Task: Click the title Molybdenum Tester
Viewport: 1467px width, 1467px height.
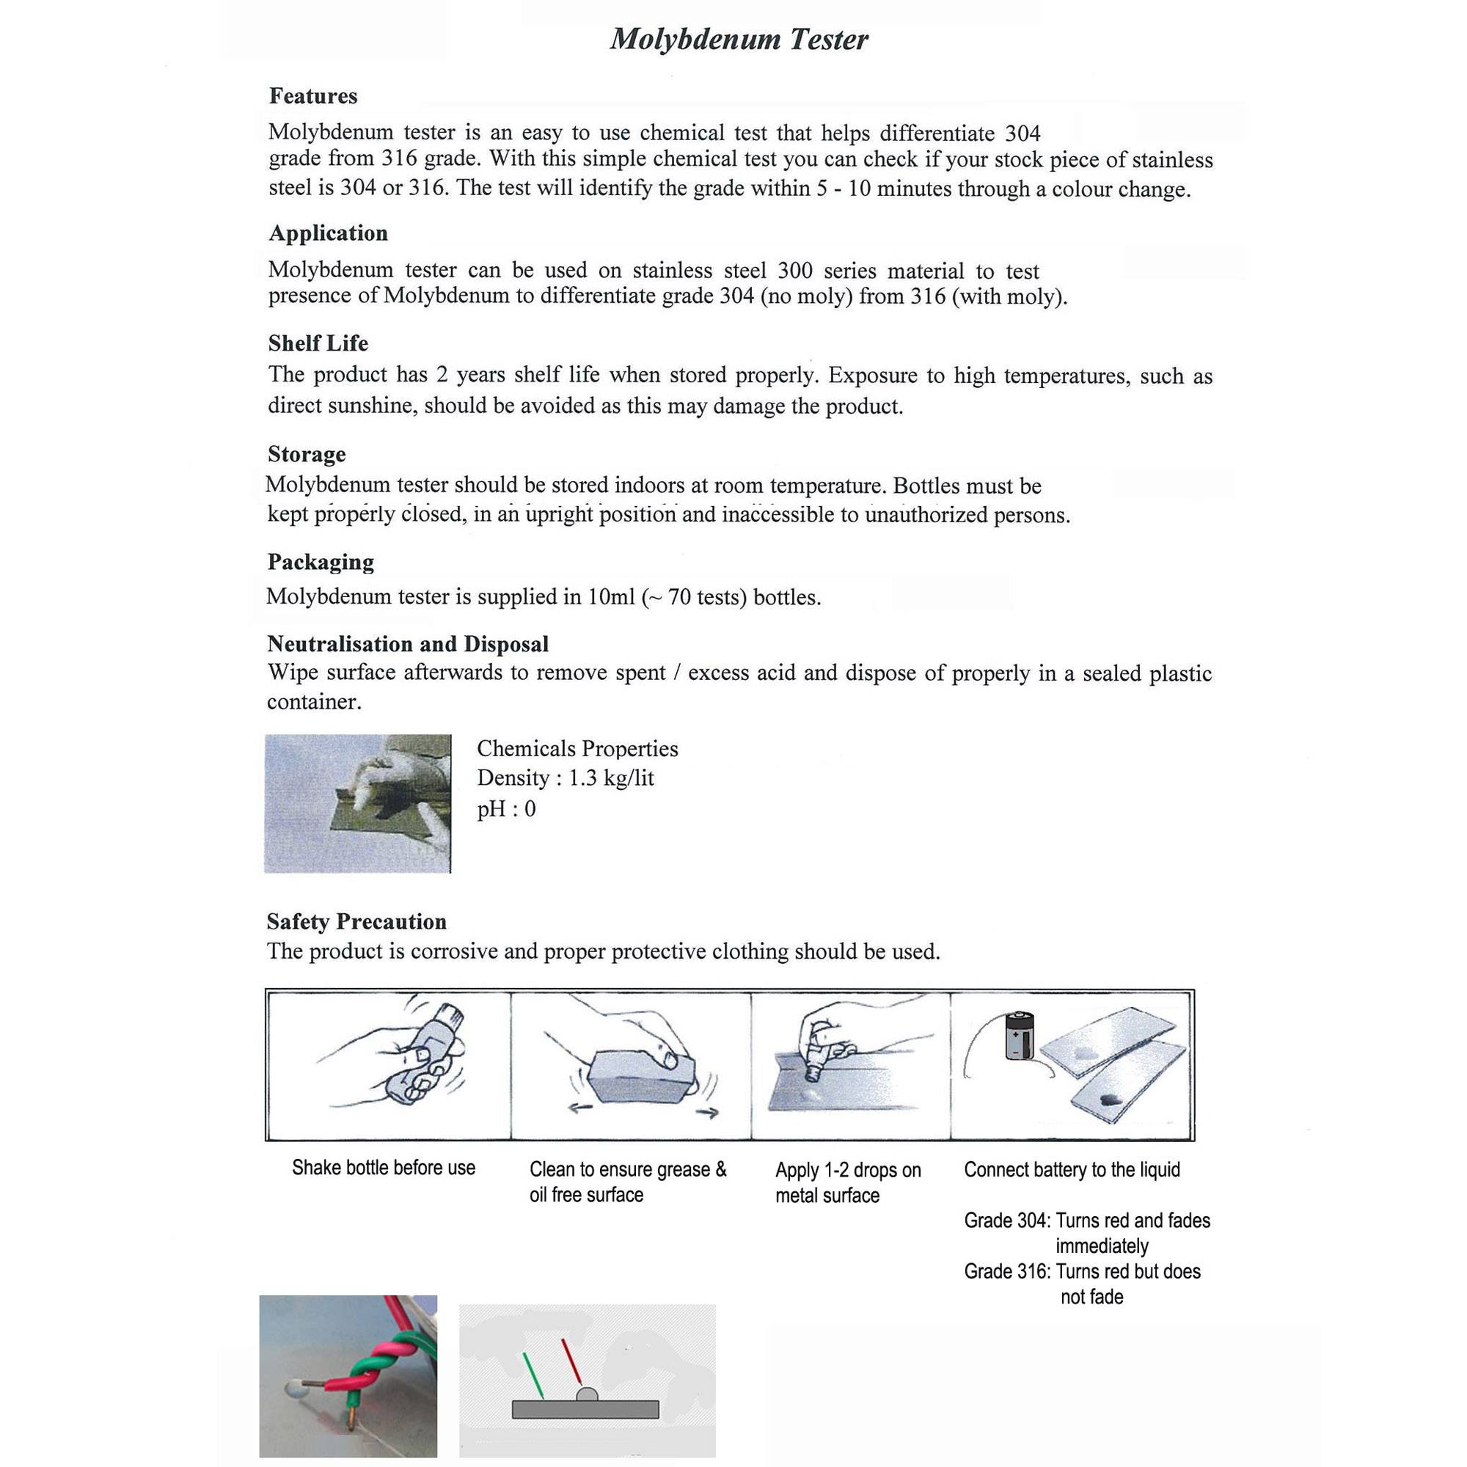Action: pyautogui.click(x=738, y=40)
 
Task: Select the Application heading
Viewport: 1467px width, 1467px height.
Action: pyautogui.click(x=327, y=233)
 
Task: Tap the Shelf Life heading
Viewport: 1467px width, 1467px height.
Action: pyautogui.click(x=318, y=343)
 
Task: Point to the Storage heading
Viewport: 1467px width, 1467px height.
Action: pyautogui.click(x=306, y=454)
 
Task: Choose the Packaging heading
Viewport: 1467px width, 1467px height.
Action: pyautogui.click(x=320, y=562)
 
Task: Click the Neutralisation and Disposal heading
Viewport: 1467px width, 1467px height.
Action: pyautogui.click(x=407, y=644)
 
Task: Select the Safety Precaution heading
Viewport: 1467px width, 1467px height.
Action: pyautogui.click(x=356, y=922)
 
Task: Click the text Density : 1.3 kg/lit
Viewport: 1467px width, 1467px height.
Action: pyautogui.click(x=564, y=778)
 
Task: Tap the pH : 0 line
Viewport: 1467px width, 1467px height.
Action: pyautogui.click(x=505, y=808)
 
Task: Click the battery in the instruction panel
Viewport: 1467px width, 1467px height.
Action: pyautogui.click(x=1017, y=1036)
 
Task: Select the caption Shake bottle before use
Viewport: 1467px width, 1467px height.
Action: pyautogui.click(x=383, y=1168)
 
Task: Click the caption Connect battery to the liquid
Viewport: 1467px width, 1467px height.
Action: pyautogui.click(x=1072, y=1169)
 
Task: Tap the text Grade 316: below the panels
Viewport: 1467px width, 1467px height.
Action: pyautogui.click(x=1007, y=1271)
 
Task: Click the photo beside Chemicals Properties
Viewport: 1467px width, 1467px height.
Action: pyautogui.click(x=357, y=803)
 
